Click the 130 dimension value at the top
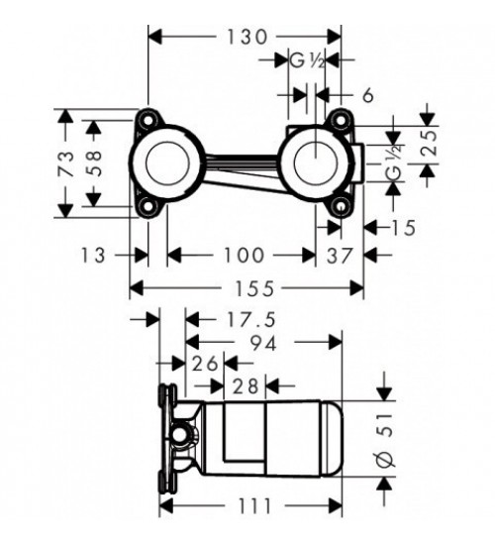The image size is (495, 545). click(x=247, y=37)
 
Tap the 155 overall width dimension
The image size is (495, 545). click(x=254, y=288)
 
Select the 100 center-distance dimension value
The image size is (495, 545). click(x=244, y=255)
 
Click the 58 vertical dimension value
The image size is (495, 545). click(x=94, y=163)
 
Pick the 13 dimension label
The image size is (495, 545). click(x=93, y=255)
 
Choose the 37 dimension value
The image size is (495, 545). click(x=340, y=256)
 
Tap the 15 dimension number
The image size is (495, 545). click(x=404, y=228)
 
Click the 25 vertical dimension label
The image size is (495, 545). click(x=429, y=143)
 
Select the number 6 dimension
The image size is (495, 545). click(x=368, y=95)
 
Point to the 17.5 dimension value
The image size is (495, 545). click(x=251, y=320)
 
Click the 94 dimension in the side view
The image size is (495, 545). click(x=264, y=344)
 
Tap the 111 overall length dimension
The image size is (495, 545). click(x=254, y=506)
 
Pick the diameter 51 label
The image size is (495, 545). click(x=385, y=441)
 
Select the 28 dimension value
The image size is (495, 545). click(x=246, y=386)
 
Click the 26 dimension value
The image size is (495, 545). click(x=205, y=364)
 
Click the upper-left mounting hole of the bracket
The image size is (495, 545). click(x=148, y=119)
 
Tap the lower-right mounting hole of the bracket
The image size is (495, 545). click(x=341, y=207)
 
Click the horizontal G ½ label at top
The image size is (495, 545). click(x=307, y=61)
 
